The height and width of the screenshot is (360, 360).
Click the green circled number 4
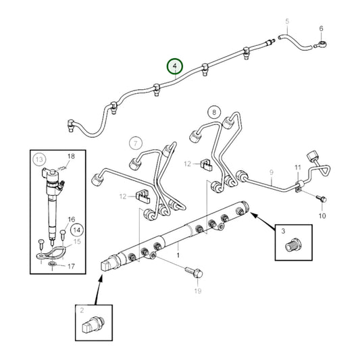click(176, 66)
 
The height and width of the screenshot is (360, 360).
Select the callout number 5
click(286, 21)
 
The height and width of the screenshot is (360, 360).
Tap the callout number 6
click(321, 28)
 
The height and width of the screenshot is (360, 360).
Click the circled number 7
click(136, 143)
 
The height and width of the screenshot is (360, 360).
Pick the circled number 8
click(214, 112)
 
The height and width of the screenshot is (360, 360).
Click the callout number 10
click(322, 215)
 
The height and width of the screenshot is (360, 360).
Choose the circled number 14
click(77, 229)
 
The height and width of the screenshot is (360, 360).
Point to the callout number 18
click(71, 156)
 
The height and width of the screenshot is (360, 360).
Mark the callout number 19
click(197, 291)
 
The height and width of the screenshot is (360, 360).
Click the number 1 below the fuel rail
click(178, 256)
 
